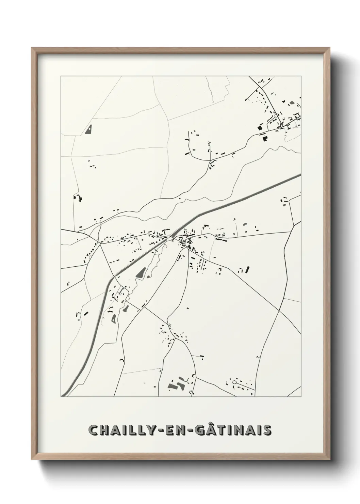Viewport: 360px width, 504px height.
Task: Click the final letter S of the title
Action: pos(267,430)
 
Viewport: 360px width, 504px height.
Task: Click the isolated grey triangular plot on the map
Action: pos(89,129)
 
